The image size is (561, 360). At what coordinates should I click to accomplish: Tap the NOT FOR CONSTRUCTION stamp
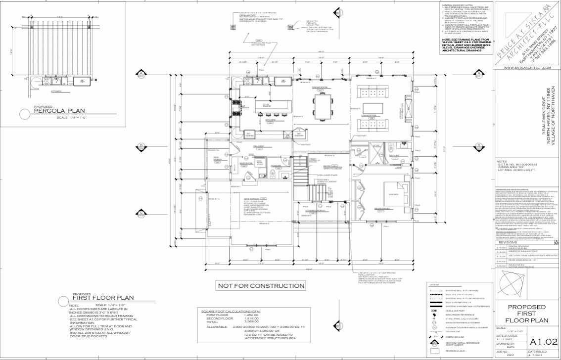(261, 286)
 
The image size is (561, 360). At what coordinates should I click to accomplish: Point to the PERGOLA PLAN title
(54, 111)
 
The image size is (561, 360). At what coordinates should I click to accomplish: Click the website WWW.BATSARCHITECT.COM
(527, 67)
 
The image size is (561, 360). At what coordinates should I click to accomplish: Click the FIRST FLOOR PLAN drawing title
(103, 298)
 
